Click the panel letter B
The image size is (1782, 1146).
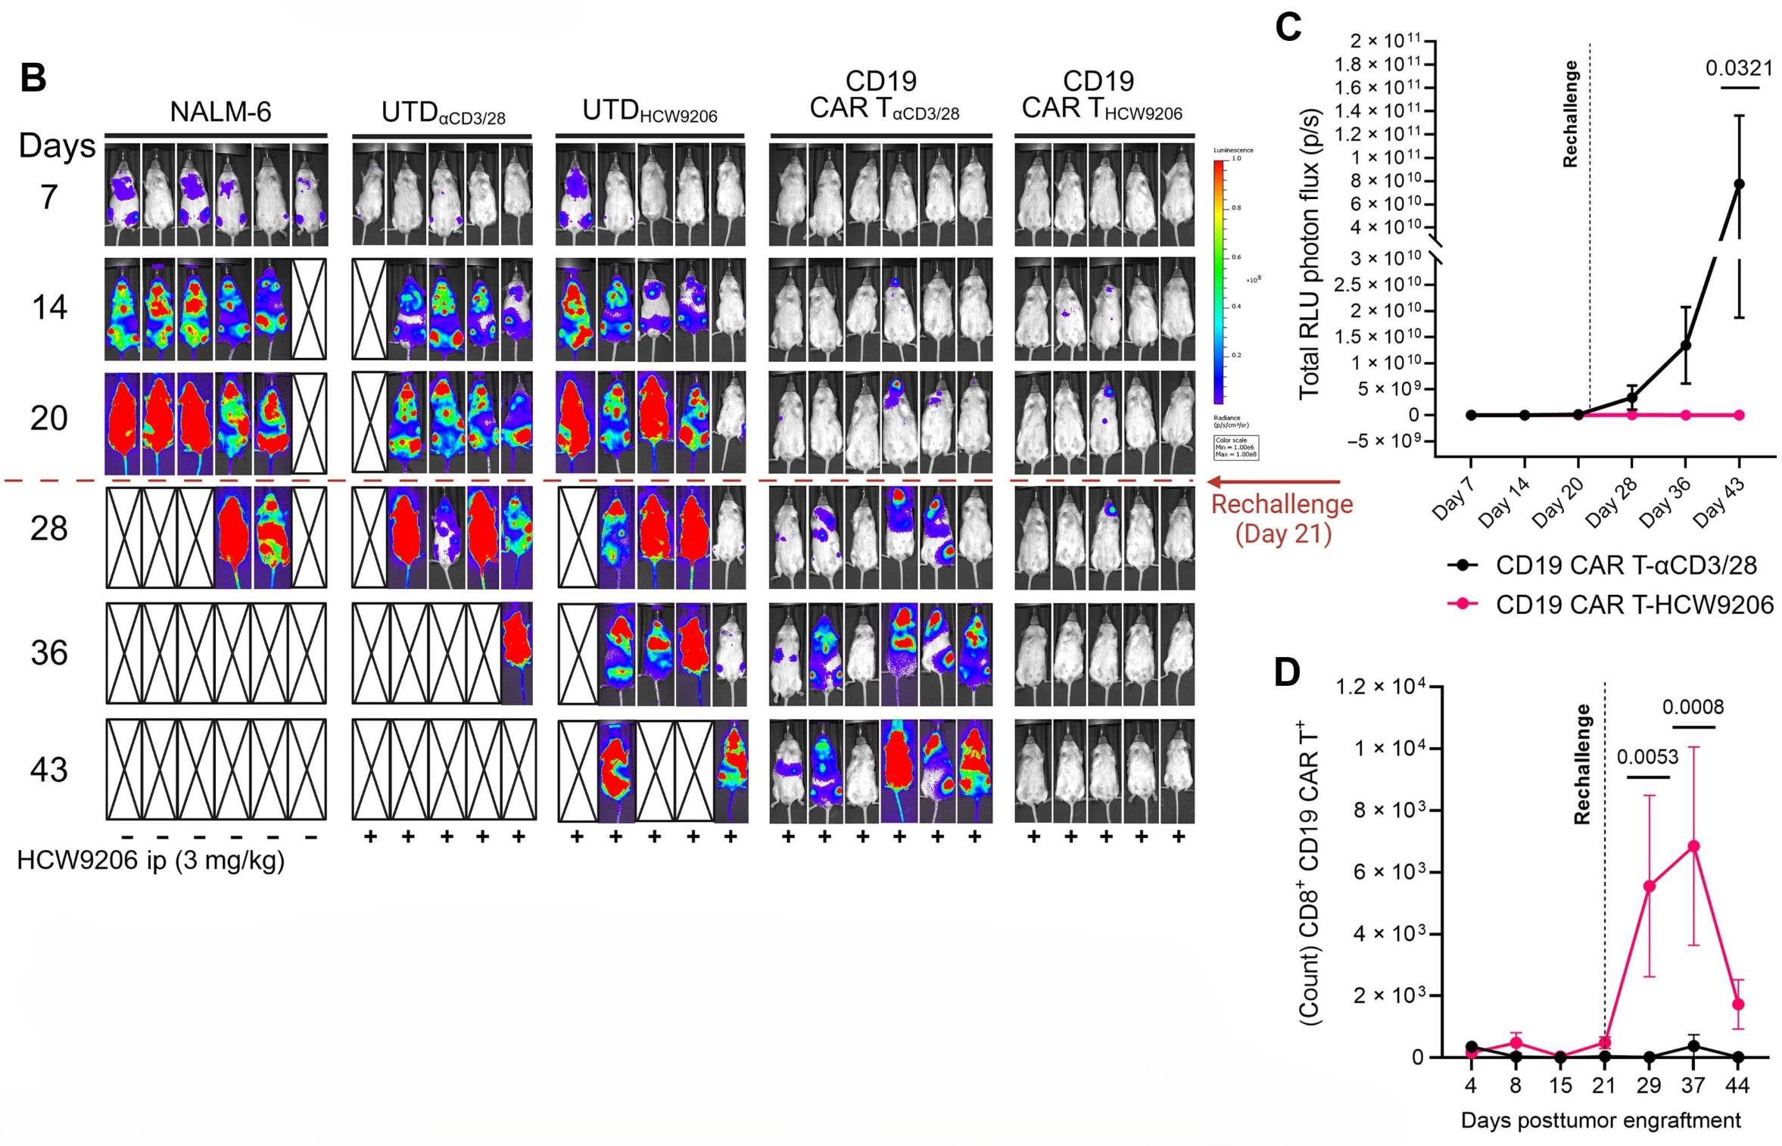[33, 78]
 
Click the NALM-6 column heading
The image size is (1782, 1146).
[220, 112]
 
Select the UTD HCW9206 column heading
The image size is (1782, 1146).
[650, 111]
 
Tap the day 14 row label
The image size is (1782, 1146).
[49, 308]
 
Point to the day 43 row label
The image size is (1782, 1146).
[49, 770]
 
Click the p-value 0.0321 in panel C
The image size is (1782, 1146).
[1739, 69]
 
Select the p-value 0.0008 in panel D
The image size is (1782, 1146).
[1693, 707]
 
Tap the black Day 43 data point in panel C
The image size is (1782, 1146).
[1739, 184]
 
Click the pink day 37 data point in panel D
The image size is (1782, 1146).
[1693, 846]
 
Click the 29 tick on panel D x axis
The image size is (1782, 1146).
[1648, 1085]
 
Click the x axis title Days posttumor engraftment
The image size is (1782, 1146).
[1600, 1120]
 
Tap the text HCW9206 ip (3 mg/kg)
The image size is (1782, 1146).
[151, 861]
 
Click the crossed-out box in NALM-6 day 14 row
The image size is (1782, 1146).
[310, 309]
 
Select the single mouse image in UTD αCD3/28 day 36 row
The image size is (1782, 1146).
[517, 652]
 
